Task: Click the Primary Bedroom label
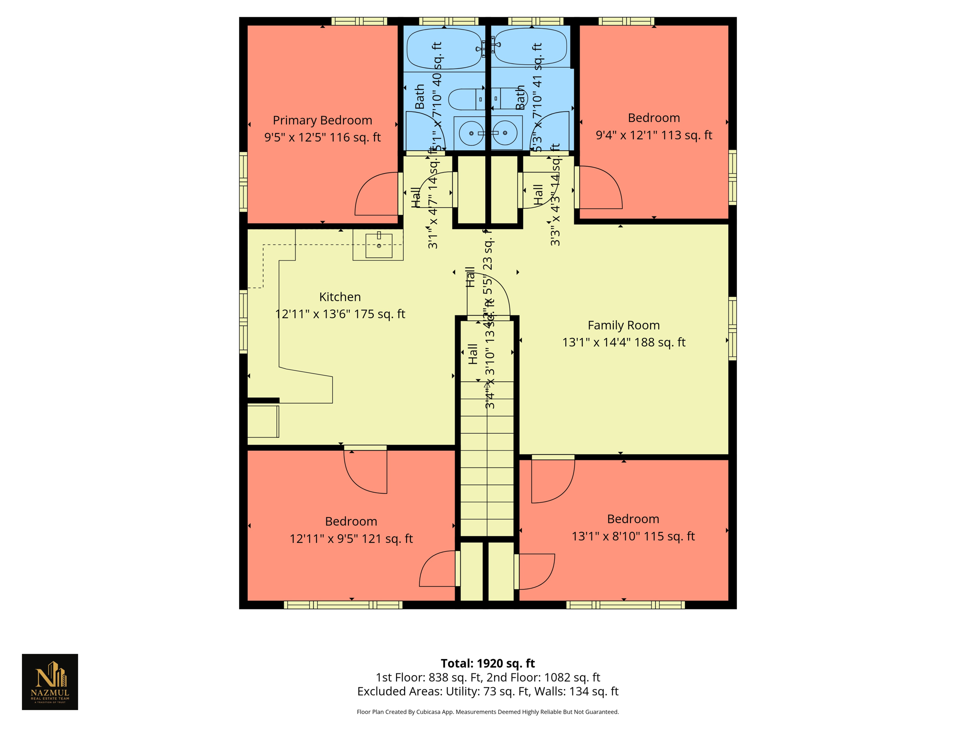[322, 120]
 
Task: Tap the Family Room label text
[623, 325]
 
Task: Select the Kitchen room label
[340, 296]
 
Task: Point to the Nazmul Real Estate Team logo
[50, 681]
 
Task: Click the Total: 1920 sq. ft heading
[488, 663]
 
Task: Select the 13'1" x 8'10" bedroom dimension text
[633, 537]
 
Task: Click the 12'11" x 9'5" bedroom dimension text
[351, 539]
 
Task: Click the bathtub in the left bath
[444, 48]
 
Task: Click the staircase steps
[487, 467]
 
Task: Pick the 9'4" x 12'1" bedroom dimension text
[653, 135]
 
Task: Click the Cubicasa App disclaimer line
[488, 712]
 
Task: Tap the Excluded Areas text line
[488, 691]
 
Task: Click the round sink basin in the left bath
[471, 133]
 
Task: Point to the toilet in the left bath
[465, 99]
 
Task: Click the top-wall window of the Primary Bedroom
[359, 21]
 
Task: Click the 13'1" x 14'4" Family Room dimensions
[623, 343]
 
